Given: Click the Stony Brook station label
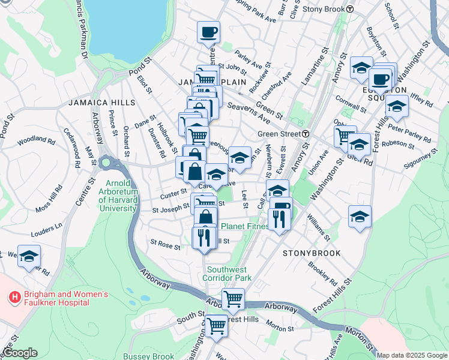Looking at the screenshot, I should tap(324, 9).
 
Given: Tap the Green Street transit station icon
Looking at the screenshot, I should tap(306, 134).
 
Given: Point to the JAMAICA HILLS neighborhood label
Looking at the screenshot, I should tap(101, 103).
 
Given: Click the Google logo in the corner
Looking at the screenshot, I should tap(20, 353).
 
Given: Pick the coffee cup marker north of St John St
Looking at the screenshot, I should tap(208, 32).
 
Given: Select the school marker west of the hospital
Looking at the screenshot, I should tap(29, 256).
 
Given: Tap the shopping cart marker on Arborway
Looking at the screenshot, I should tap(233, 299).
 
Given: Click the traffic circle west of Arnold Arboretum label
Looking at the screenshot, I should tap(107, 163).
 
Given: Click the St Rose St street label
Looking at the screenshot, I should tap(165, 245).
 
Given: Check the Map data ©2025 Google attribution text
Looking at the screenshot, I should tap(412, 355).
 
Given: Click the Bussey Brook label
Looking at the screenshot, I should tap(148, 356).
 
